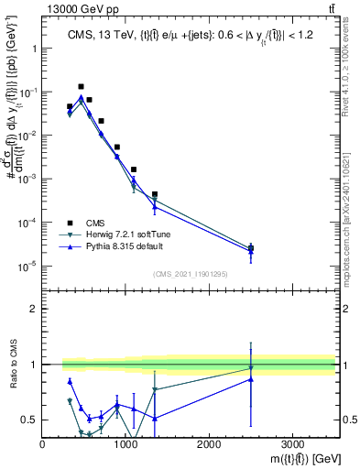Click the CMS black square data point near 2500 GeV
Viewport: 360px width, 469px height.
pos(251,248)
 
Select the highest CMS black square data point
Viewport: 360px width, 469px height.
pos(82,87)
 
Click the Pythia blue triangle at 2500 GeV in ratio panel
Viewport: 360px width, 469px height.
pos(251,379)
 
